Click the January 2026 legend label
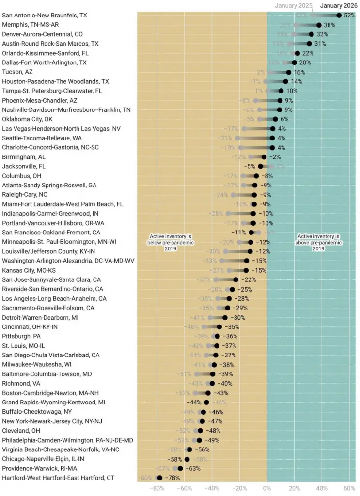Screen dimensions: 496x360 click(x=338, y=6)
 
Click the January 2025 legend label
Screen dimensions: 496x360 click(x=294, y=6)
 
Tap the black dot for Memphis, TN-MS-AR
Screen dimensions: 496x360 click(x=319, y=25)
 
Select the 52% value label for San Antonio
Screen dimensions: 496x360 click(x=350, y=15)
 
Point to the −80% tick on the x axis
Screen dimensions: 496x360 click(x=157, y=488)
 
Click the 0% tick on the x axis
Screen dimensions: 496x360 click(x=267, y=488)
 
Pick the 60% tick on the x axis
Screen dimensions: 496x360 click(x=349, y=488)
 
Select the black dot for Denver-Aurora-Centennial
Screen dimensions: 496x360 click(x=311, y=34)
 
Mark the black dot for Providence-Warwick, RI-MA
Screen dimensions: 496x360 click(x=180, y=468)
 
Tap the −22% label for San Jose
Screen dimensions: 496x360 click(x=248, y=279)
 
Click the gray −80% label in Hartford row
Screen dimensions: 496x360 click(x=145, y=478)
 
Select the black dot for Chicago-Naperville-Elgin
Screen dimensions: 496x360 click(x=187, y=459)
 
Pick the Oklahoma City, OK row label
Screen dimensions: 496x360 click(x=28, y=119)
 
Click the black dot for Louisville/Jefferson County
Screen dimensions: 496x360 click(x=250, y=251)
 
